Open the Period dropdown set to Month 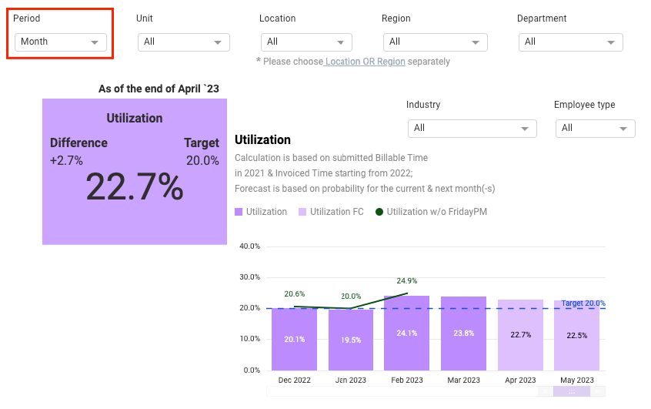coord(60,42)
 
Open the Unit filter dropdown coord(183,42)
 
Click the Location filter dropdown coord(305,42)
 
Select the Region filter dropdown coord(436,42)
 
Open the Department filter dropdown coord(570,42)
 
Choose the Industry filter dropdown coord(472,128)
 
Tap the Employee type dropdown coord(595,128)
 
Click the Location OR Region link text coord(365,62)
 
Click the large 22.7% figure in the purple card coord(134,186)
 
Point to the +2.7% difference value coord(67,160)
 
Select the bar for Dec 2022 coord(294,339)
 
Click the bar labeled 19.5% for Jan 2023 coord(351,340)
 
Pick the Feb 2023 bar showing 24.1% coord(406,333)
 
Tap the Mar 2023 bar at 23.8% coord(463,334)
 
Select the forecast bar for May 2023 coord(576,335)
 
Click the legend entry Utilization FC coord(331,212)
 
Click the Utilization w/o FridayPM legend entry coord(431,212)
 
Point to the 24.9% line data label coord(406,281)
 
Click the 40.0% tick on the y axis coord(249,246)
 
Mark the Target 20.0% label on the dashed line coord(583,303)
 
